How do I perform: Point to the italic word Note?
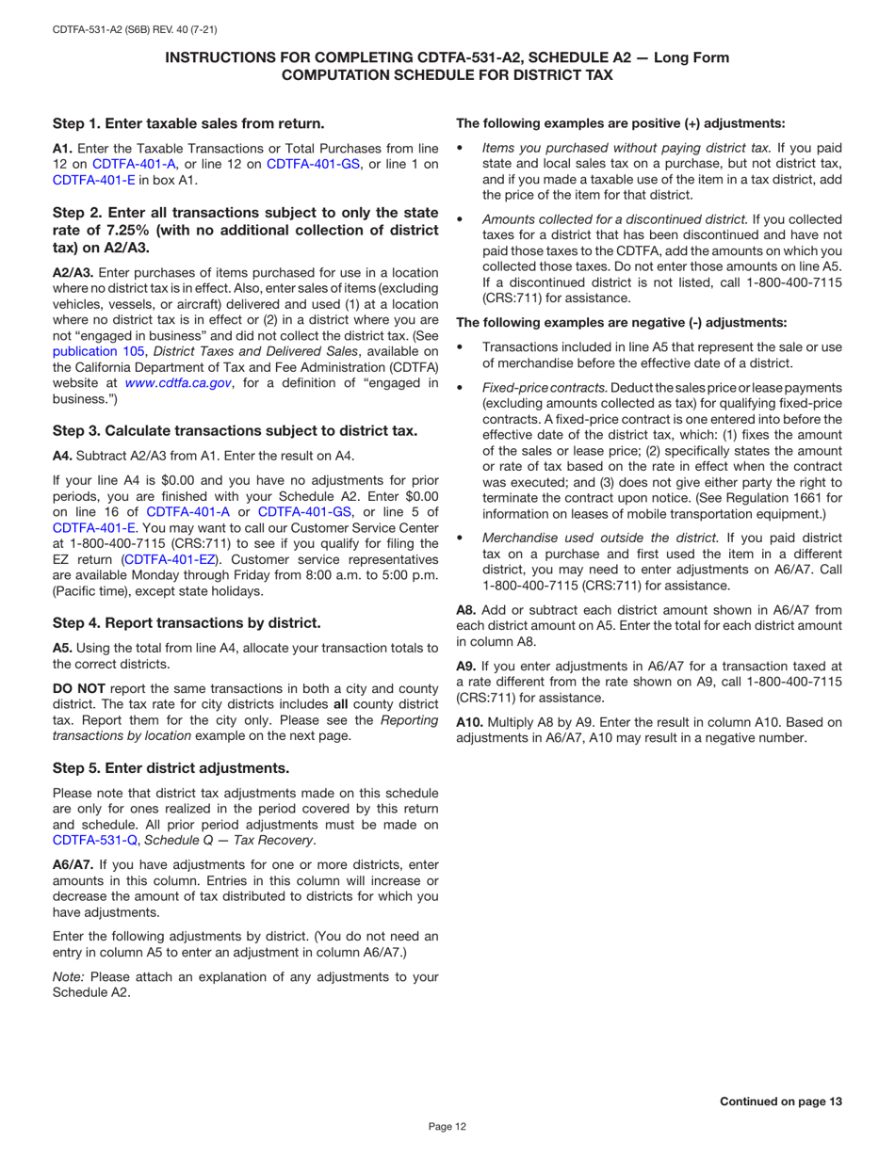(x=69, y=976)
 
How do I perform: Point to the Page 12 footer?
(x=447, y=1126)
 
